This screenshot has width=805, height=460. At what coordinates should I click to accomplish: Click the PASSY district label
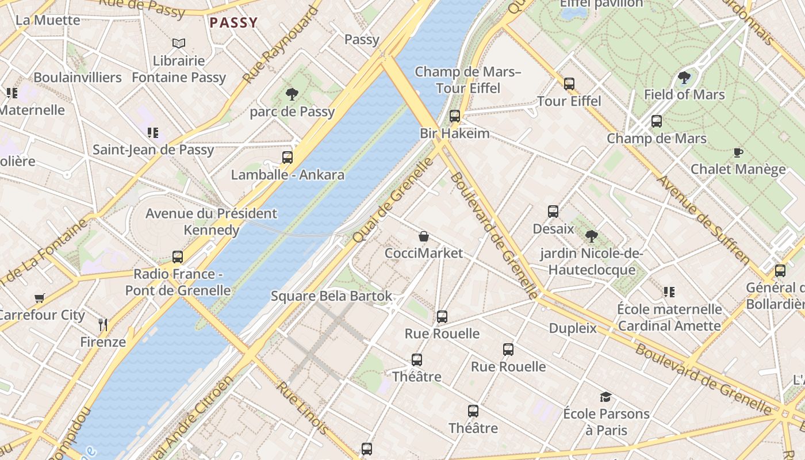(x=233, y=23)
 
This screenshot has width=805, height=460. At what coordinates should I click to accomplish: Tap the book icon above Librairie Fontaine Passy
(x=179, y=43)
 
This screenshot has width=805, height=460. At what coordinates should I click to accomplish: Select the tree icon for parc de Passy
(x=292, y=94)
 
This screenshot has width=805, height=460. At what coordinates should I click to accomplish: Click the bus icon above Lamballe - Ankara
(x=287, y=157)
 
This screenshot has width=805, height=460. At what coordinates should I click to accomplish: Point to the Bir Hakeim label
(x=454, y=133)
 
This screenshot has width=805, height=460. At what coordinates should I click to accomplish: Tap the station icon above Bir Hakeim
(x=455, y=116)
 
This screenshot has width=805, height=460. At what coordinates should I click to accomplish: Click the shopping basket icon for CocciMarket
(x=424, y=236)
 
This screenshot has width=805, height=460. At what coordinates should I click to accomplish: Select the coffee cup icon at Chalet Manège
(x=738, y=152)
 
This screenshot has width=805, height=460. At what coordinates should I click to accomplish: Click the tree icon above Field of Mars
(x=684, y=77)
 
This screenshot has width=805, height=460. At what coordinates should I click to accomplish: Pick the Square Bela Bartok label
(x=332, y=296)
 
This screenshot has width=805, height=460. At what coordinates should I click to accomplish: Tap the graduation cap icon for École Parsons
(x=605, y=397)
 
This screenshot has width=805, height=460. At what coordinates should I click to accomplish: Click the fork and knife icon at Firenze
(x=103, y=325)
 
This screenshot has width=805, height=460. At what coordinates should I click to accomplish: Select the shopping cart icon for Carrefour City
(x=40, y=298)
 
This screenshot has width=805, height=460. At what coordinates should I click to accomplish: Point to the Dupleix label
(x=573, y=328)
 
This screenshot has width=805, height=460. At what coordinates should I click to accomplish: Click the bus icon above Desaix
(x=553, y=211)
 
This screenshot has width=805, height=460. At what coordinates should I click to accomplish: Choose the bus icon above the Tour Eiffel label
(x=569, y=83)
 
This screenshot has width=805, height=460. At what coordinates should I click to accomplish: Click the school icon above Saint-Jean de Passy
(x=152, y=133)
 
